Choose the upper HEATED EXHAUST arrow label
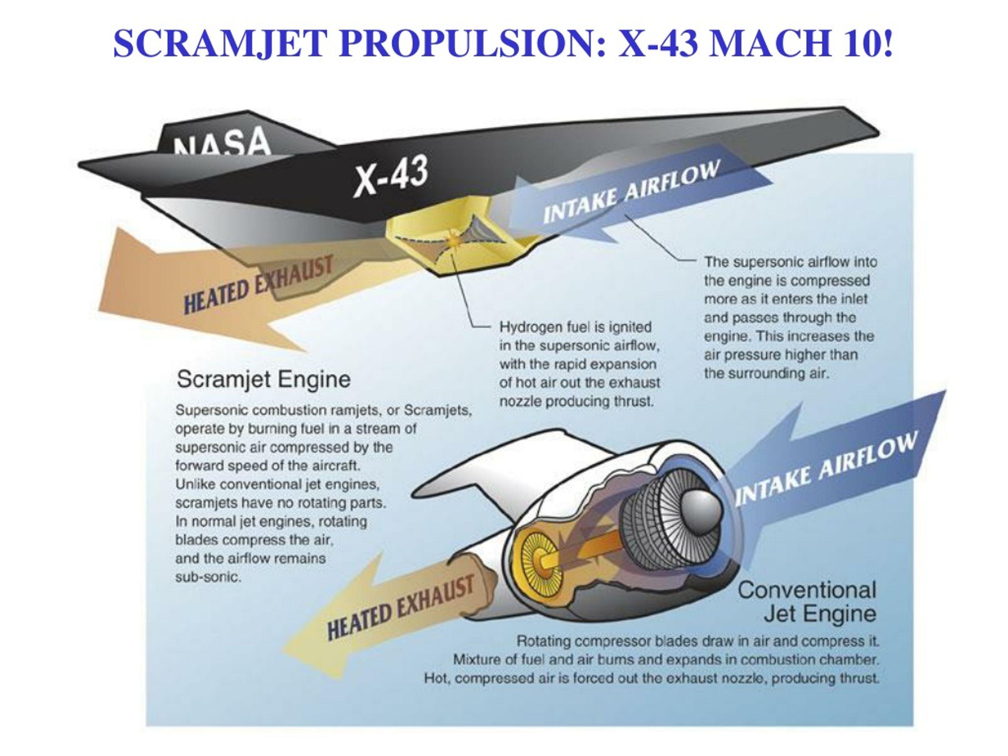pos(258,285)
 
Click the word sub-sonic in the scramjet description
pos(208,577)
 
